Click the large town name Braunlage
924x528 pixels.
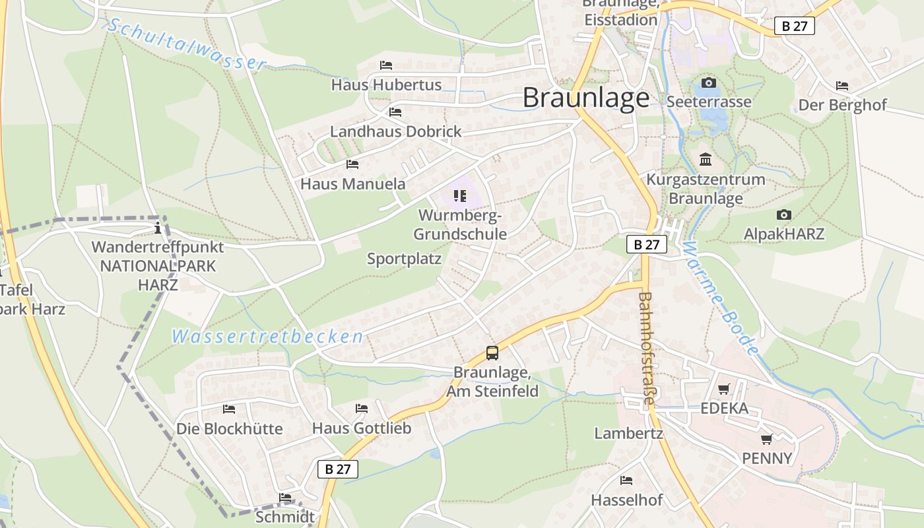[586, 98]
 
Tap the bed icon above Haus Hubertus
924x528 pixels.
[386, 65]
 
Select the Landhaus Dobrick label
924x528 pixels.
[395, 131]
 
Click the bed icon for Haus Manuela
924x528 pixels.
[352, 164]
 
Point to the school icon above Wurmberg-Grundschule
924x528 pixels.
[460, 196]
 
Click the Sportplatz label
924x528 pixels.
[404, 259]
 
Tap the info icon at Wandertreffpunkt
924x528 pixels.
[158, 229]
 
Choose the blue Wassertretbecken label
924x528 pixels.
[267, 337]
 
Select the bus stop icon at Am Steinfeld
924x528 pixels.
[492, 353]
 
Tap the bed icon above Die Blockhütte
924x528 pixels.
[229, 410]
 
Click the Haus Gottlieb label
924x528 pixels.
[362, 428]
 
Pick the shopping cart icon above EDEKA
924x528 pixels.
[724, 389]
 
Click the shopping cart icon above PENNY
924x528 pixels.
[766, 439]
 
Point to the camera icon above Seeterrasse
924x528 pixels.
[709, 83]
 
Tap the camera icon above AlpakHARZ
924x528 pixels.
[784, 215]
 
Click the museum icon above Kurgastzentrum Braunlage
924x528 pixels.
[706, 160]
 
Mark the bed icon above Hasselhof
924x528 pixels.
[626, 480]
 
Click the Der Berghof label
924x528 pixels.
[842, 105]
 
